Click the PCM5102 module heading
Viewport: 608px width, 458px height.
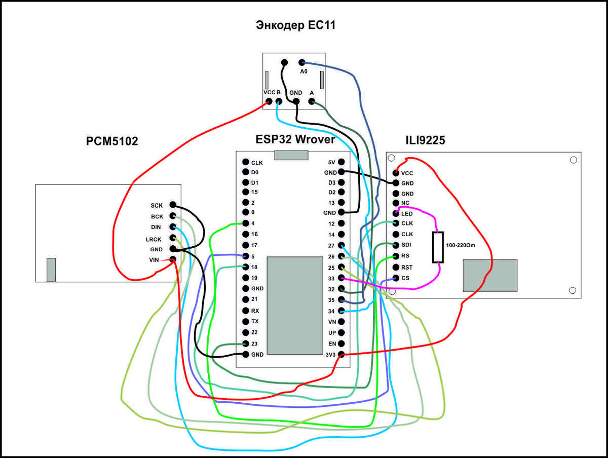tap(112, 141)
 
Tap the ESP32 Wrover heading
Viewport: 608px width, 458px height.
tap(295, 139)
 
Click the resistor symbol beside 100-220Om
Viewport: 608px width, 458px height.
tap(438, 247)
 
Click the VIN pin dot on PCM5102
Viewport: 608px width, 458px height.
tap(173, 259)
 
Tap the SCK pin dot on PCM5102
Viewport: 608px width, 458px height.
tap(173, 205)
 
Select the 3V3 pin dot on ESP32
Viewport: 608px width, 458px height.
tap(341, 354)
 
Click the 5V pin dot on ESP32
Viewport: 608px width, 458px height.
tap(341, 162)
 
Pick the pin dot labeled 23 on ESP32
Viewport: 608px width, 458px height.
tap(246, 343)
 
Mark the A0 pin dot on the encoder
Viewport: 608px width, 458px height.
tap(302, 62)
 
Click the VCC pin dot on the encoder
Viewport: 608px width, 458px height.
tap(268, 102)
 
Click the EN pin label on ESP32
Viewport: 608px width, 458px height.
tap(332, 343)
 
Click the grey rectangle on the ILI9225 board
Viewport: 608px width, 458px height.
tap(490, 276)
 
